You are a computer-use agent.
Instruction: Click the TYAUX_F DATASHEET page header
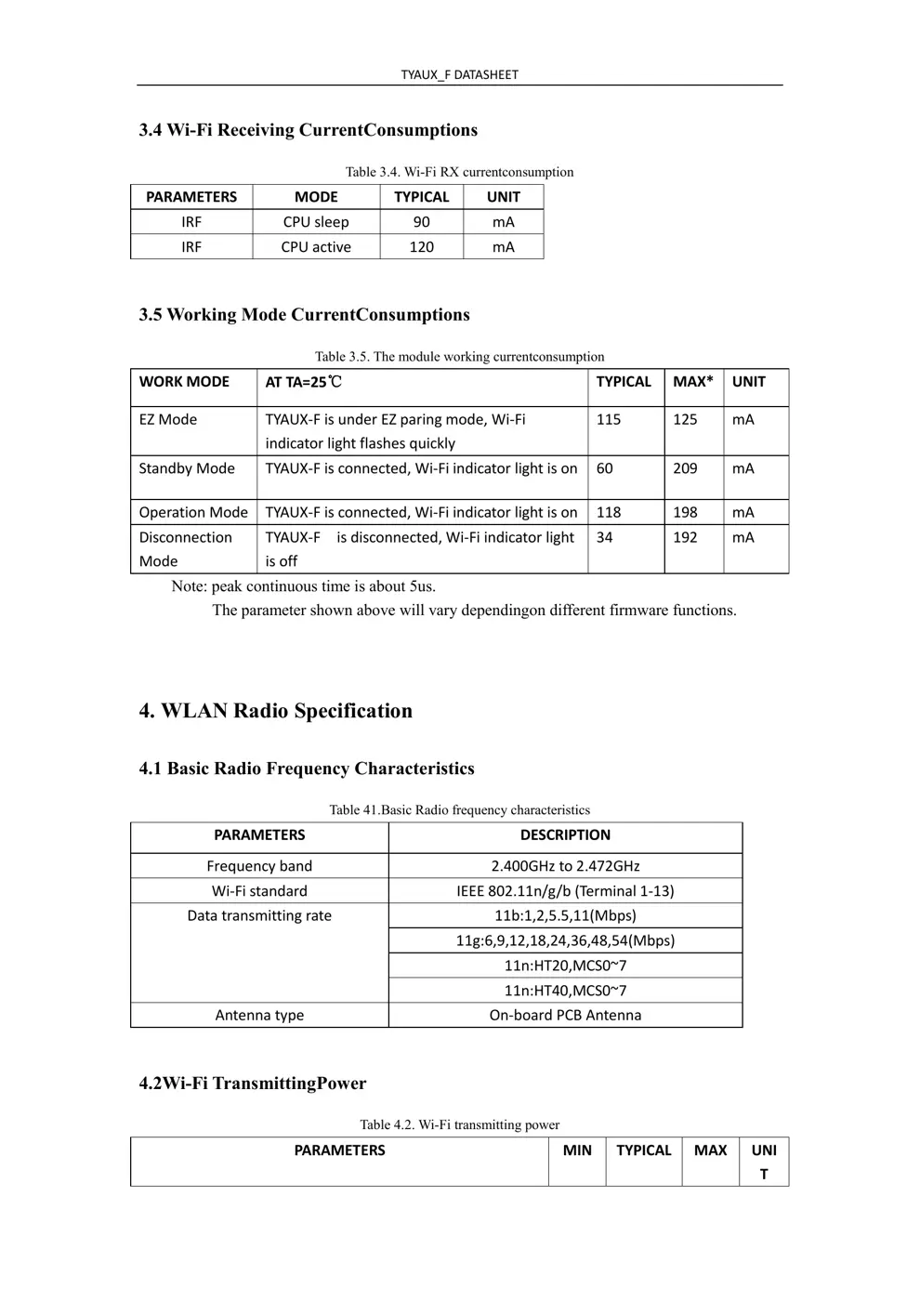click(459, 74)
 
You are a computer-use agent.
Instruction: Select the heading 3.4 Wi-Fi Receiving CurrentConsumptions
click(309, 130)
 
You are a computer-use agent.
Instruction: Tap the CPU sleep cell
click(316, 222)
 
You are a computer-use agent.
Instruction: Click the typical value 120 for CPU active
click(421, 247)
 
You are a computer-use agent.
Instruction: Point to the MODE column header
click(316, 197)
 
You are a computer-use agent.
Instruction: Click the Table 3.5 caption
click(459, 357)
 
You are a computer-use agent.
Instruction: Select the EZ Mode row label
click(168, 420)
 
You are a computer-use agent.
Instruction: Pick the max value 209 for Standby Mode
click(685, 468)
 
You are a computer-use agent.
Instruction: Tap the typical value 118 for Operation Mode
click(609, 512)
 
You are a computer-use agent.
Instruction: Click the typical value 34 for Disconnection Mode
click(604, 537)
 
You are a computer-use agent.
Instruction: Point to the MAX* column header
click(693, 382)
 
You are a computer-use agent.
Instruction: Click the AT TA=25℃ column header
click(304, 382)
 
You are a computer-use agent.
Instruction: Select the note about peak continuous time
click(303, 586)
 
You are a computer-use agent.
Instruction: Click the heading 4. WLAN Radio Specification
click(276, 711)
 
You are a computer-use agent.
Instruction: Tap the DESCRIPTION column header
click(565, 835)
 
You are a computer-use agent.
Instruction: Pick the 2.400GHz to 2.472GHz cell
click(565, 866)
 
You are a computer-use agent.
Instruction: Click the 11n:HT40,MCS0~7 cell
click(565, 991)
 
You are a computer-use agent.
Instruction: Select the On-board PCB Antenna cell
click(565, 1016)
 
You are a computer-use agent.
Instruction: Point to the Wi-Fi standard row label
click(259, 891)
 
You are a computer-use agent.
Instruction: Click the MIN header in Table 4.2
click(577, 1150)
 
